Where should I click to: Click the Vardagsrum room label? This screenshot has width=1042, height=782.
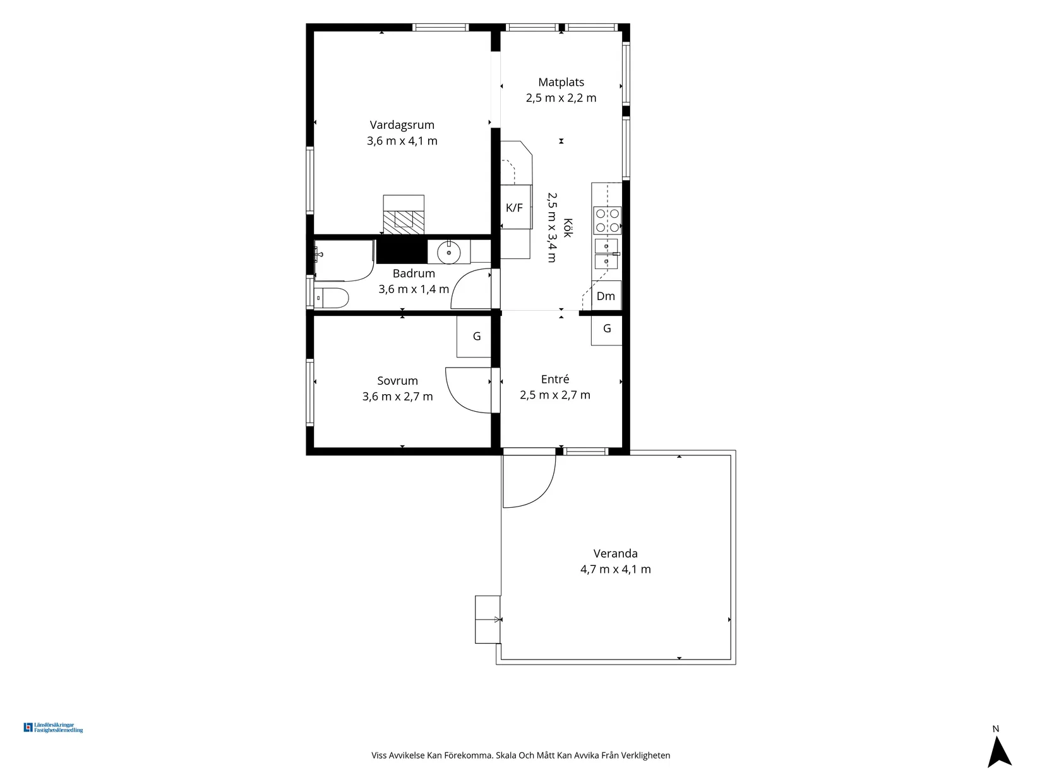[402, 125]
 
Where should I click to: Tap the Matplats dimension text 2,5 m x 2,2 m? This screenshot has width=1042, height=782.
[561, 98]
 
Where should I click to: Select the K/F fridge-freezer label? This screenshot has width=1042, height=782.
[514, 207]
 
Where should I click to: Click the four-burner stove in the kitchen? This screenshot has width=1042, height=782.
[607, 220]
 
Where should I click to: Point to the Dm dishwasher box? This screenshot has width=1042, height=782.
[606, 296]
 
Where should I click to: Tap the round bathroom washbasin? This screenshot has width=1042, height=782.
[448, 253]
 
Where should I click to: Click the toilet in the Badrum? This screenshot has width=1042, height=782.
[332, 298]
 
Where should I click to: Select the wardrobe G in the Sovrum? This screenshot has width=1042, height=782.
[474, 336]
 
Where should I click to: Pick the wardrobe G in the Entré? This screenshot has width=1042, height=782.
[607, 328]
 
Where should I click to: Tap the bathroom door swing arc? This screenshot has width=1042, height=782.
[457, 282]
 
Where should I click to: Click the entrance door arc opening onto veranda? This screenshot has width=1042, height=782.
[545, 491]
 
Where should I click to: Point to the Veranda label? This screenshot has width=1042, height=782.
[615, 553]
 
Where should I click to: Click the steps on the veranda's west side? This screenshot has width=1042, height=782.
[488, 619]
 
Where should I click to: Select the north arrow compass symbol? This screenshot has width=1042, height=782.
[999, 752]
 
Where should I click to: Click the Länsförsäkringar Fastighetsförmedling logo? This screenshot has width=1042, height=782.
[53, 728]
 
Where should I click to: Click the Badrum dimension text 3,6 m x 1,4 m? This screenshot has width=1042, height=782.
[414, 289]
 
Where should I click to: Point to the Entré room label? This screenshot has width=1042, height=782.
[555, 379]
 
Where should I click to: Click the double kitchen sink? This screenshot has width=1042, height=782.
[606, 254]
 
